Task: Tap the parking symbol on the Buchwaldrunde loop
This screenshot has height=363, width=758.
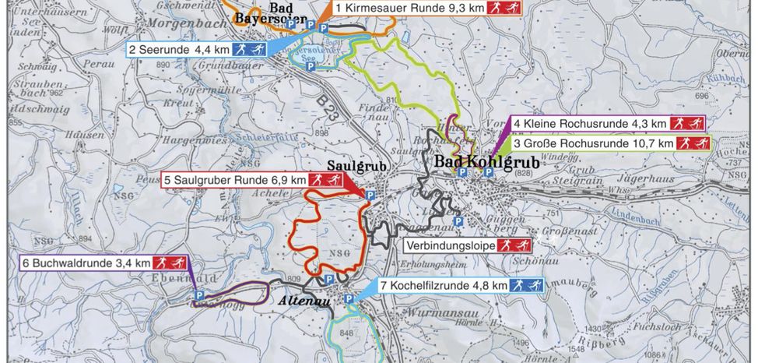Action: pyautogui.click(x=199, y=296)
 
